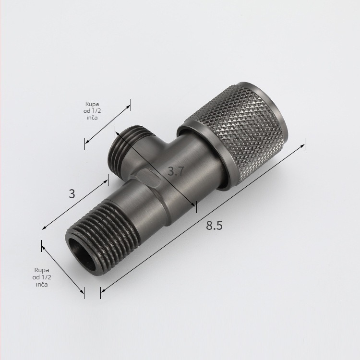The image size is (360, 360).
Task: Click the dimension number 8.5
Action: [x=214, y=225]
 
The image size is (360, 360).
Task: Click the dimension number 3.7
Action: [x=176, y=171]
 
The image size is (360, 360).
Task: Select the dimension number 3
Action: [x=72, y=194]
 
